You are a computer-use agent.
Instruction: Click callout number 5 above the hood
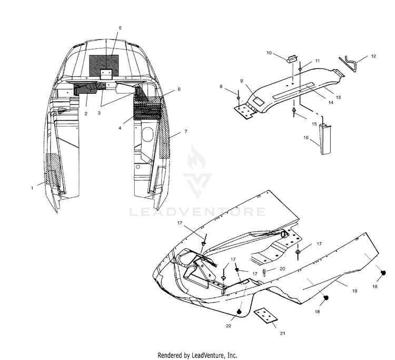point(120,28)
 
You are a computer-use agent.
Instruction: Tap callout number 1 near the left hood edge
point(32,188)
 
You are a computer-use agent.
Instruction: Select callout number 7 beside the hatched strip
point(186,131)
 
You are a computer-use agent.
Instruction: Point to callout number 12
point(373,56)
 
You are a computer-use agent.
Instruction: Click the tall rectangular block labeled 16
point(325,139)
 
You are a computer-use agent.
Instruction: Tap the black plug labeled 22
point(239,312)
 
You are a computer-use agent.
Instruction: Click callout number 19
point(354,291)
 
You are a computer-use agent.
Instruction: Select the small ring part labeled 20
point(264,272)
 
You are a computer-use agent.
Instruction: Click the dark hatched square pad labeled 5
point(104,65)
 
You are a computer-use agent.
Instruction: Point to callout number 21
point(283,333)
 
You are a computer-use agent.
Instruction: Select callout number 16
point(306,138)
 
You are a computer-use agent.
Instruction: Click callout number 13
point(338,98)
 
